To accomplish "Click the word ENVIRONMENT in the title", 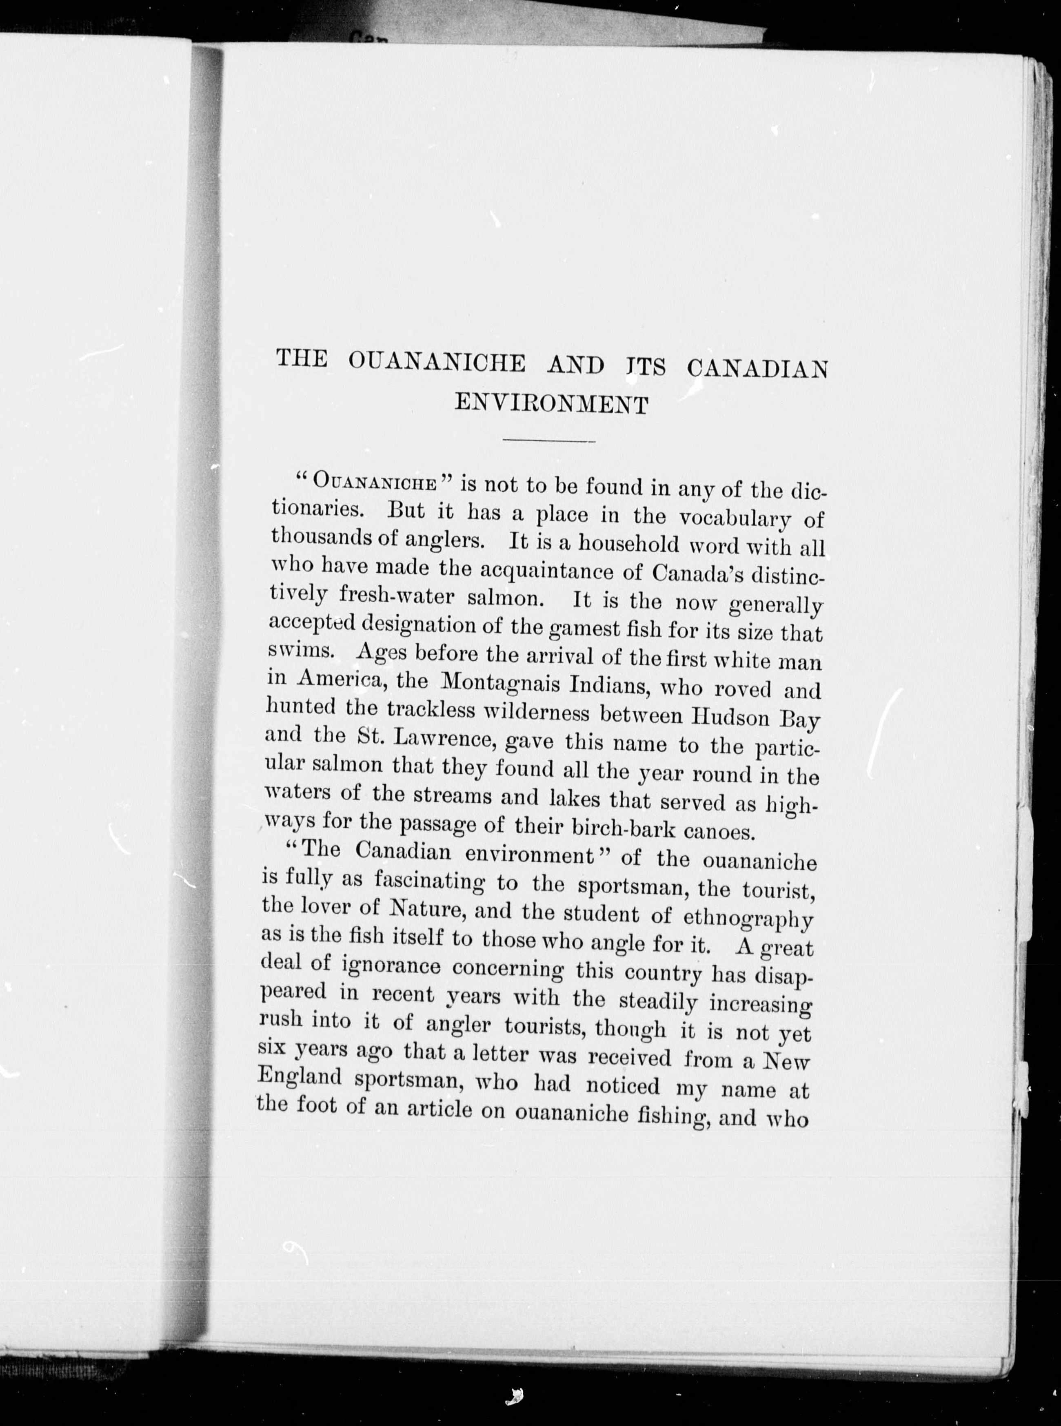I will tap(551, 405).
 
